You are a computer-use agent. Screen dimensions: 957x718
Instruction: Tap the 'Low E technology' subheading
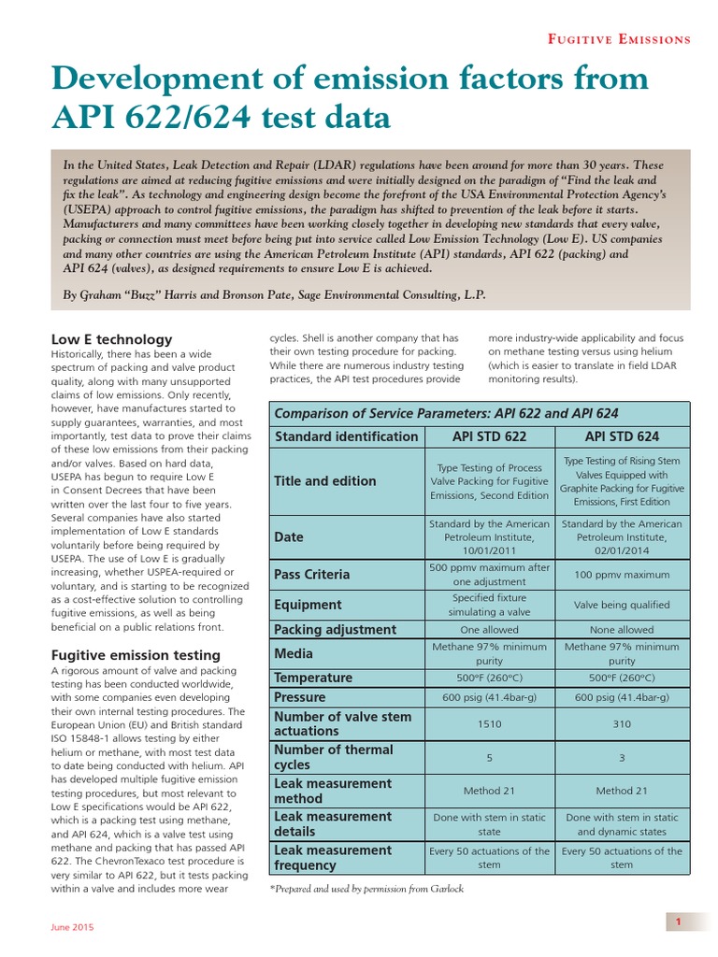tap(111, 339)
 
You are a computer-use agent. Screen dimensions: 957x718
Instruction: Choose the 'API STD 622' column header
tap(489, 436)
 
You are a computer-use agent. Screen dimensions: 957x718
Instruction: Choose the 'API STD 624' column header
tap(622, 436)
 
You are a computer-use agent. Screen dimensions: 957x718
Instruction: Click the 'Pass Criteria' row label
tap(312, 574)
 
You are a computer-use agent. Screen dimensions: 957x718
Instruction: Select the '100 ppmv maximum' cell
tap(622, 574)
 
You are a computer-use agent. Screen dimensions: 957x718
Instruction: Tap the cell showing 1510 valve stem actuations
tap(489, 723)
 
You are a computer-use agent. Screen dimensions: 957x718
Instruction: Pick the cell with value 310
tap(622, 723)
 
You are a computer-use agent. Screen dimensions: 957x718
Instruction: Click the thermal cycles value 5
tap(489, 757)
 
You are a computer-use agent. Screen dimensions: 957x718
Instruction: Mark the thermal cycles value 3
tap(622, 757)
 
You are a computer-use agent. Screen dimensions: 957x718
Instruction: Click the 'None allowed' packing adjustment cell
tap(622, 630)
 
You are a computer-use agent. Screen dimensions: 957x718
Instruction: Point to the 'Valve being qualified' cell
tap(622, 605)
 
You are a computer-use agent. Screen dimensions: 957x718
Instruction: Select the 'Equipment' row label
tap(308, 605)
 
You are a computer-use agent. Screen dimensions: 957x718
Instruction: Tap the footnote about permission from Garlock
tap(366, 888)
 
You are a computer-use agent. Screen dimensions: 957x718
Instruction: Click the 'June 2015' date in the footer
tap(71, 927)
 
